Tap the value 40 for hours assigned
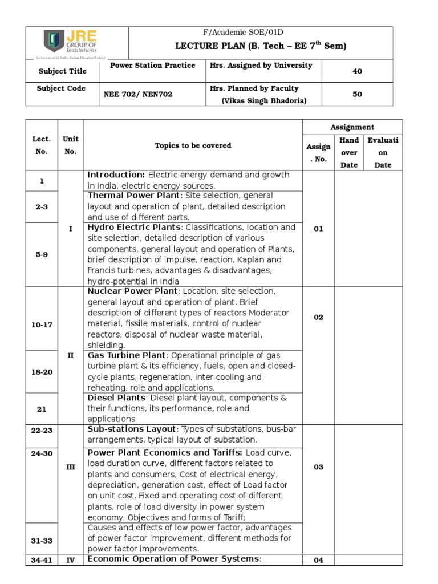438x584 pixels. (x=358, y=71)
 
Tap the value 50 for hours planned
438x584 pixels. (x=358, y=94)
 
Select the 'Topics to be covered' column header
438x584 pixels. (x=193, y=145)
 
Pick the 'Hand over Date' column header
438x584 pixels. (x=349, y=152)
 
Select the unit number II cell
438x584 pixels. (x=71, y=355)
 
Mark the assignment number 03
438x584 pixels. (x=318, y=467)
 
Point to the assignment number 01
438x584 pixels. (x=318, y=229)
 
